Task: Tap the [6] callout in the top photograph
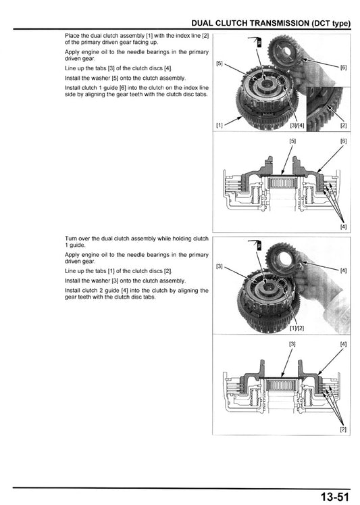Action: point(344,68)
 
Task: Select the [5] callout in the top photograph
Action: point(220,64)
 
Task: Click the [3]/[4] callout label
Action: point(297,125)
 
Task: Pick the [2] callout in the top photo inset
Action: point(343,125)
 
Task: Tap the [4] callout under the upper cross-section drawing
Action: point(343,226)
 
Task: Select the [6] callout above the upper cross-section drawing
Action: point(343,141)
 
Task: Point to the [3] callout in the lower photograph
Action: point(220,266)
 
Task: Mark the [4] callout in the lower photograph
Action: point(344,270)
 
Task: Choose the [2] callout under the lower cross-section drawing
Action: point(343,429)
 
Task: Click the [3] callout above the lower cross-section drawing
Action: point(292,344)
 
